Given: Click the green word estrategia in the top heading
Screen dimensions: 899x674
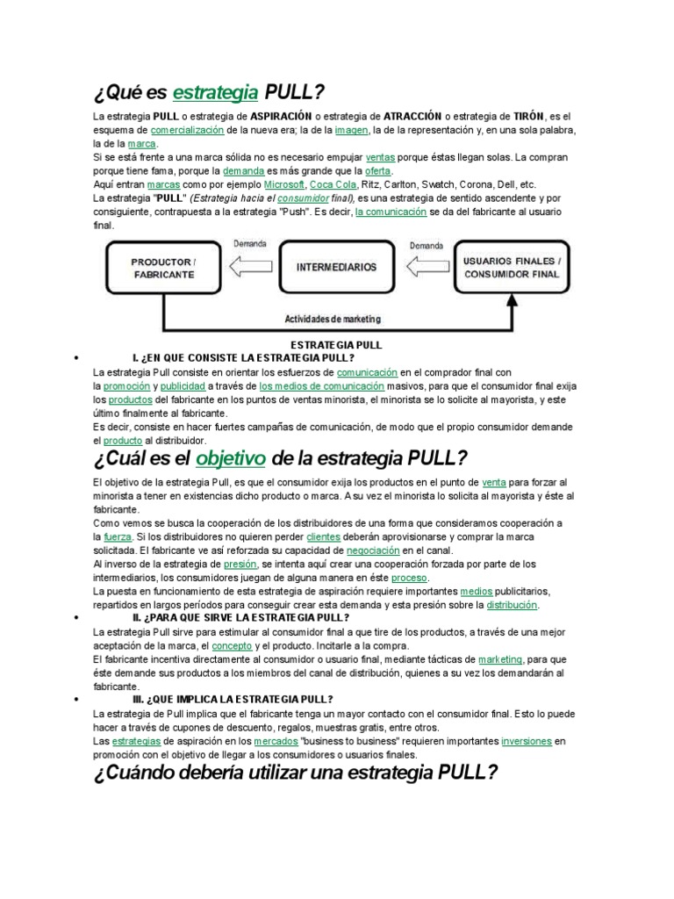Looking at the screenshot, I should point(215,92).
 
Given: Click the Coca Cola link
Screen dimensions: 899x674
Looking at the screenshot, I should point(333,185).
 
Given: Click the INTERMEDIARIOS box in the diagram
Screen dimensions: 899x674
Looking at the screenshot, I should point(336,266).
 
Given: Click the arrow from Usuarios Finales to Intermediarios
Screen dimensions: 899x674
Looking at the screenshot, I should point(426,265).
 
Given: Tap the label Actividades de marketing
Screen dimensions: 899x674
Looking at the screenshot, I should point(333,319).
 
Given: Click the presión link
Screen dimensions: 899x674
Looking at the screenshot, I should point(240,565).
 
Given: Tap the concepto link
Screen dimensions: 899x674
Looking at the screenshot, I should point(232,645).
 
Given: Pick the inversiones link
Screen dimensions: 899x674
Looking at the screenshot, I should point(527,741).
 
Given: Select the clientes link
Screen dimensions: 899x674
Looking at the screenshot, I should point(324,536).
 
